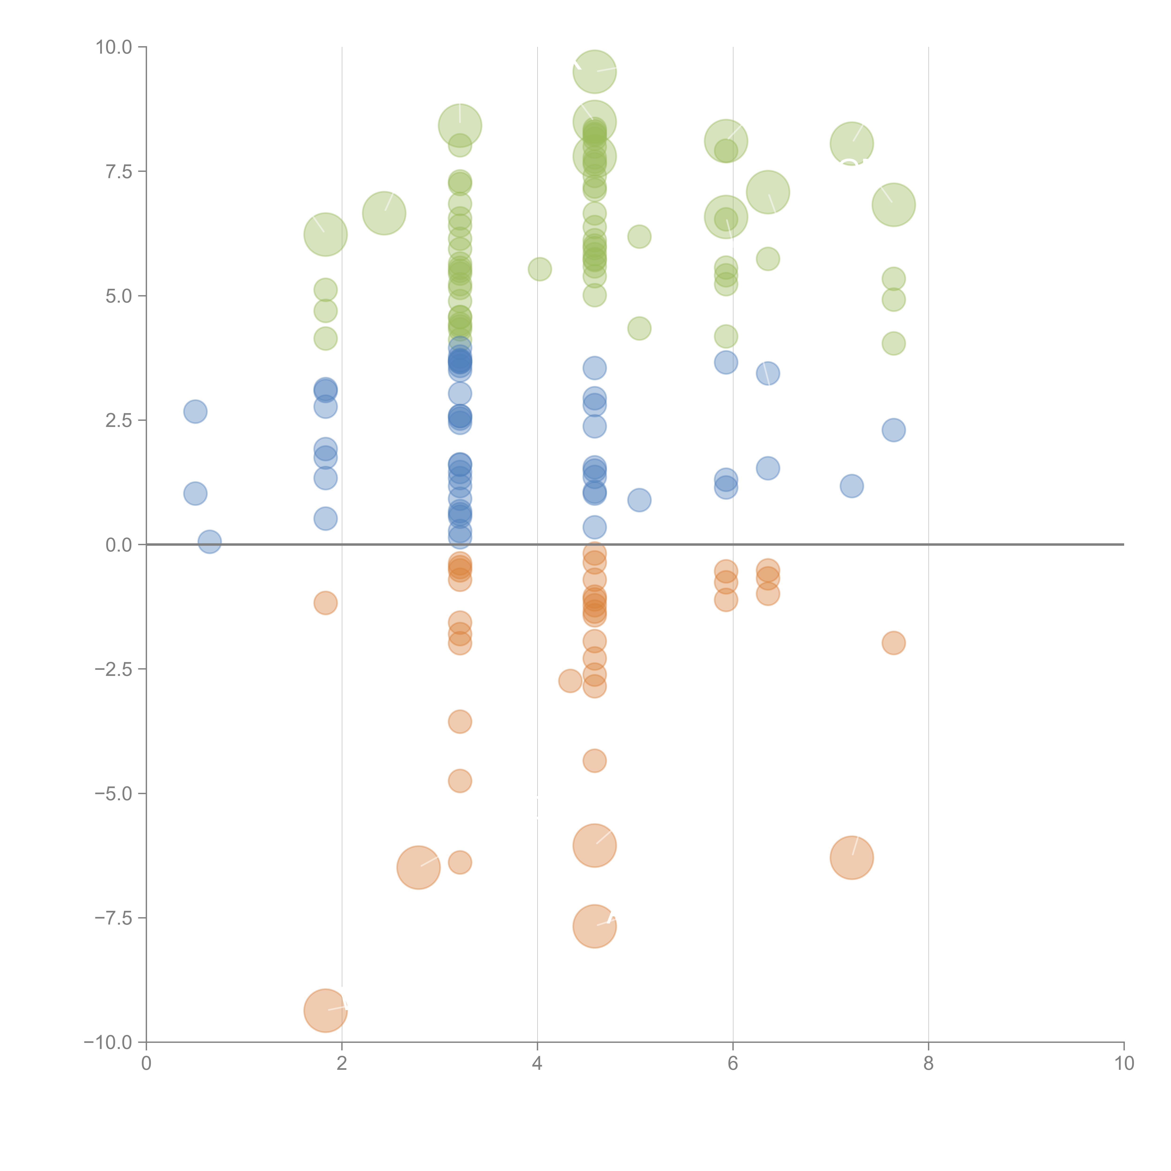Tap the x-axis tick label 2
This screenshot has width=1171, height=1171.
click(342, 1064)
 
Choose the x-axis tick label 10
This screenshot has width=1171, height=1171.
click(1124, 1064)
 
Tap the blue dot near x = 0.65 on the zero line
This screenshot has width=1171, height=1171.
click(209, 542)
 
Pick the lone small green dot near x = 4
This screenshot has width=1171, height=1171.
click(539, 269)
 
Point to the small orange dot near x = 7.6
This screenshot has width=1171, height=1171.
click(893, 642)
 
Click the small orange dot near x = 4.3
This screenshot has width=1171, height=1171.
click(570, 681)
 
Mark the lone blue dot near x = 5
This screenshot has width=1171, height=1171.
click(639, 500)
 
